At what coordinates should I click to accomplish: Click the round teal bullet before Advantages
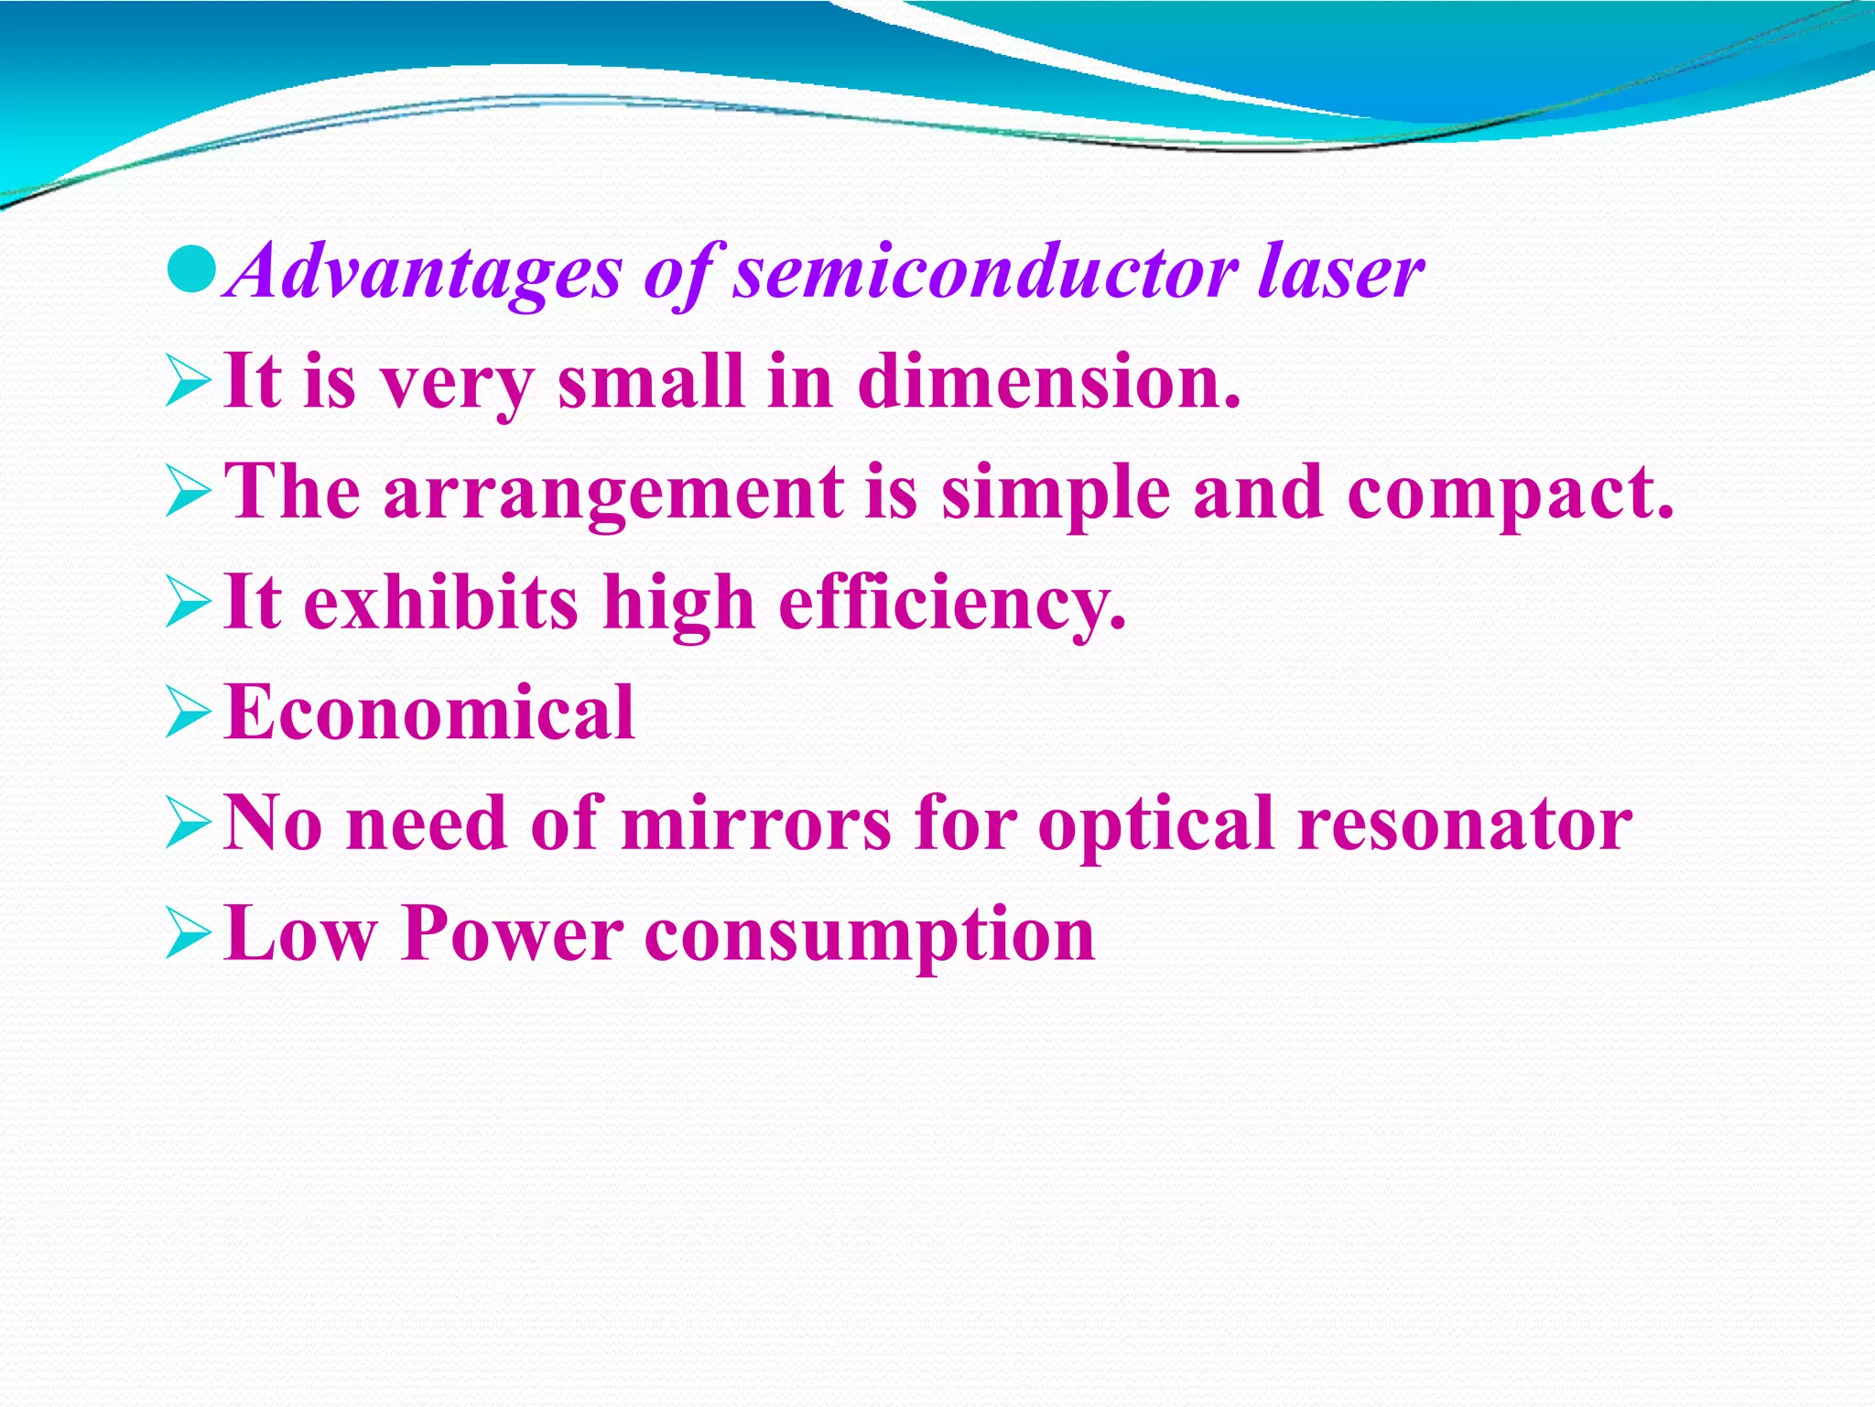tap(192, 269)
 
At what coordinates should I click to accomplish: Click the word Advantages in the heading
tap(424, 272)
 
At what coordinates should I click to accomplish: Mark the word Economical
tap(429, 713)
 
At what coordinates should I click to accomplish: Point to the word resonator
tap(1465, 823)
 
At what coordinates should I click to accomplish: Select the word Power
tap(512, 933)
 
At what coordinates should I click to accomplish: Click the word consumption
tap(870, 935)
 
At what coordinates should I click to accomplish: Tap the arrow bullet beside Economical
tap(188, 715)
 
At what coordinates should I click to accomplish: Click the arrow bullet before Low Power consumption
tap(188, 936)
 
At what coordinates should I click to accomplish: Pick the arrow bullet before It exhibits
tap(188, 605)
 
